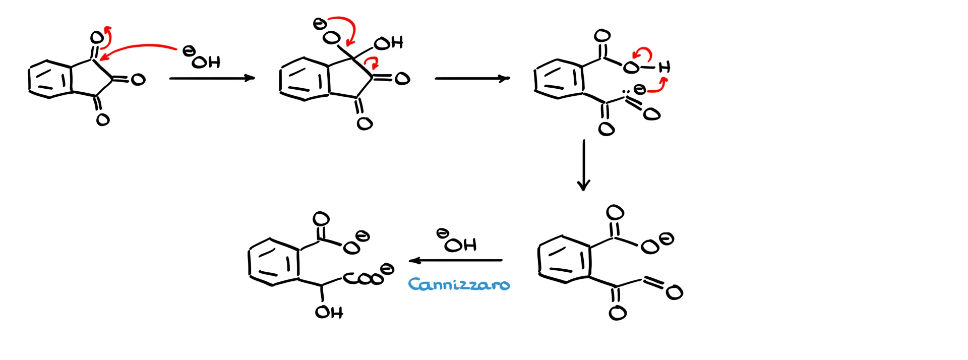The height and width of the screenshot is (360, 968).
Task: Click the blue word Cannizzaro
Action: [x=459, y=285]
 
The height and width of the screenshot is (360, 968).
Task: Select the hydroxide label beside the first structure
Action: [x=202, y=58]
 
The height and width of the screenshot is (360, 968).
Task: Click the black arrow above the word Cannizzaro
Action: [x=456, y=260]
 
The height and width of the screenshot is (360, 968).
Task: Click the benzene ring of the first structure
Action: [x=49, y=79]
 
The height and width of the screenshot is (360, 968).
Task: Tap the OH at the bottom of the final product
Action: [x=329, y=313]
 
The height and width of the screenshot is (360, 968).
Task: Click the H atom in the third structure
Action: [x=664, y=67]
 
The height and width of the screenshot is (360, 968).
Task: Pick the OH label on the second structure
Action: [x=389, y=43]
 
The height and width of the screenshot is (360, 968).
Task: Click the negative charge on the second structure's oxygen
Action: [x=319, y=23]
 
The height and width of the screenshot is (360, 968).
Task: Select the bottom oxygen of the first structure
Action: [x=102, y=119]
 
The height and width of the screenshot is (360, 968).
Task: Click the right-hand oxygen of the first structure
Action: [x=138, y=79]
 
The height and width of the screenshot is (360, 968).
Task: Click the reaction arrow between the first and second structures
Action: [x=212, y=78]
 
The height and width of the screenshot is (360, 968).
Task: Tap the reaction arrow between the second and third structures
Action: [x=472, y=78]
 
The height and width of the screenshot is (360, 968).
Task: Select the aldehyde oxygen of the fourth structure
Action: [x=674, y=292]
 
